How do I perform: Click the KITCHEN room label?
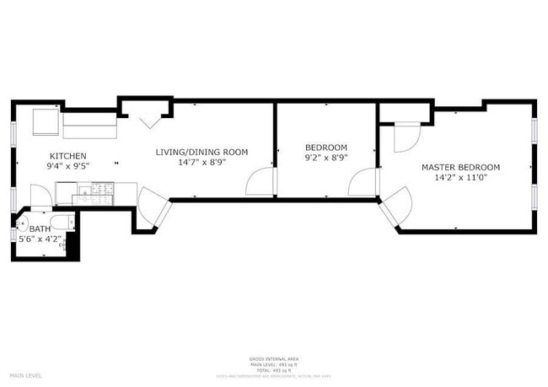[67, 156]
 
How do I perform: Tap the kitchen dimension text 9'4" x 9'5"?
[67, 166]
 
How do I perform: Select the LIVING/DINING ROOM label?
[201, 152]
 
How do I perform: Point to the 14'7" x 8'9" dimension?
[201, 163]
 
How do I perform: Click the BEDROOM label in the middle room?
[325, 147]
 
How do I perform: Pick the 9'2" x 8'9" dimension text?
[325, 158]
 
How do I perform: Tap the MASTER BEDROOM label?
[460, 167]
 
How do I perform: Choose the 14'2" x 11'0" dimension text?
[460, 178]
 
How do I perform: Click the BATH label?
[40, 228]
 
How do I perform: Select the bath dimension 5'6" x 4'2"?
[40, 239]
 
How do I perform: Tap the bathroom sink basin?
[21, 223]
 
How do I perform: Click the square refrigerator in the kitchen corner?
[46, 123]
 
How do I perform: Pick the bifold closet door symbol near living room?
[151, 120]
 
